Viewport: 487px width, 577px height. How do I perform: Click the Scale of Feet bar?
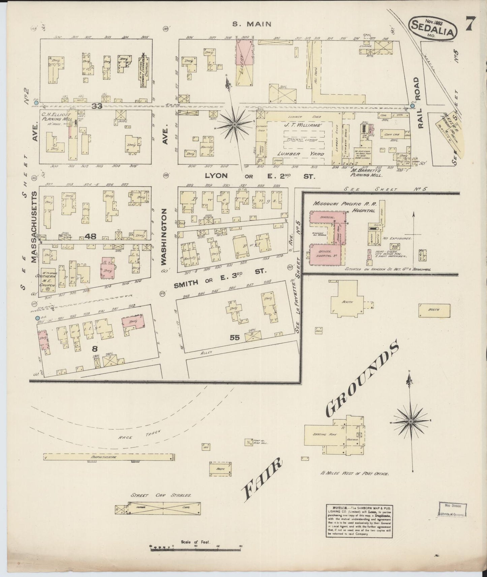(195, 549)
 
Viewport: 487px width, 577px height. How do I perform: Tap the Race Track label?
(139, 435)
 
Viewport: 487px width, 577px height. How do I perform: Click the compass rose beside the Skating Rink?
(411, 421)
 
